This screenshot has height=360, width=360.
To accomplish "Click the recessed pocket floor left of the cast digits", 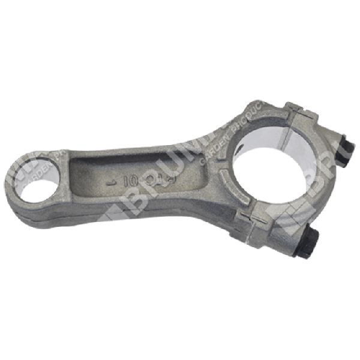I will (90, 174).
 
